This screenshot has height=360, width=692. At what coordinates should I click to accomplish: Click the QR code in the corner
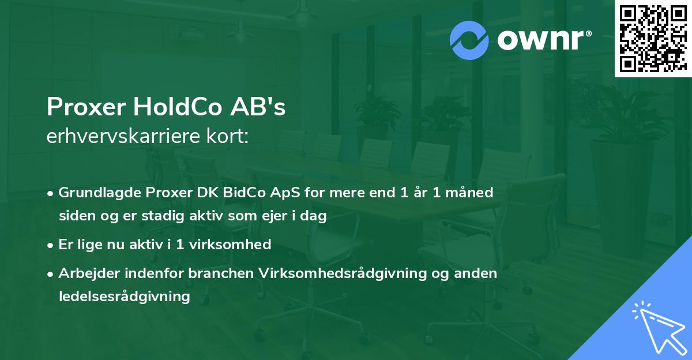pos(653,38)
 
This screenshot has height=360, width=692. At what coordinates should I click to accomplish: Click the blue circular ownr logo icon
pos(469,40)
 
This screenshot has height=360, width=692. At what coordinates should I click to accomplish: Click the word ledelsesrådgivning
pos(124,297)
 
